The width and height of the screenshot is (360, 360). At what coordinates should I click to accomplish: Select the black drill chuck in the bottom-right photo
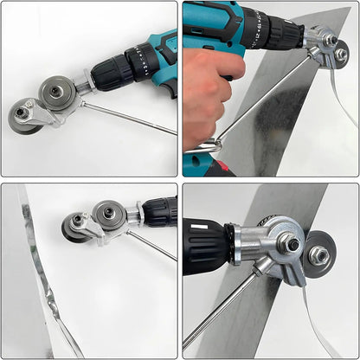[204, 246]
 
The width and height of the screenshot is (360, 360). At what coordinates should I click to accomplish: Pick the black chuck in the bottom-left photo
[158, 209]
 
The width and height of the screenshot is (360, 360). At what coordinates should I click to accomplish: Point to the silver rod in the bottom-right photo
[221, 312]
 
